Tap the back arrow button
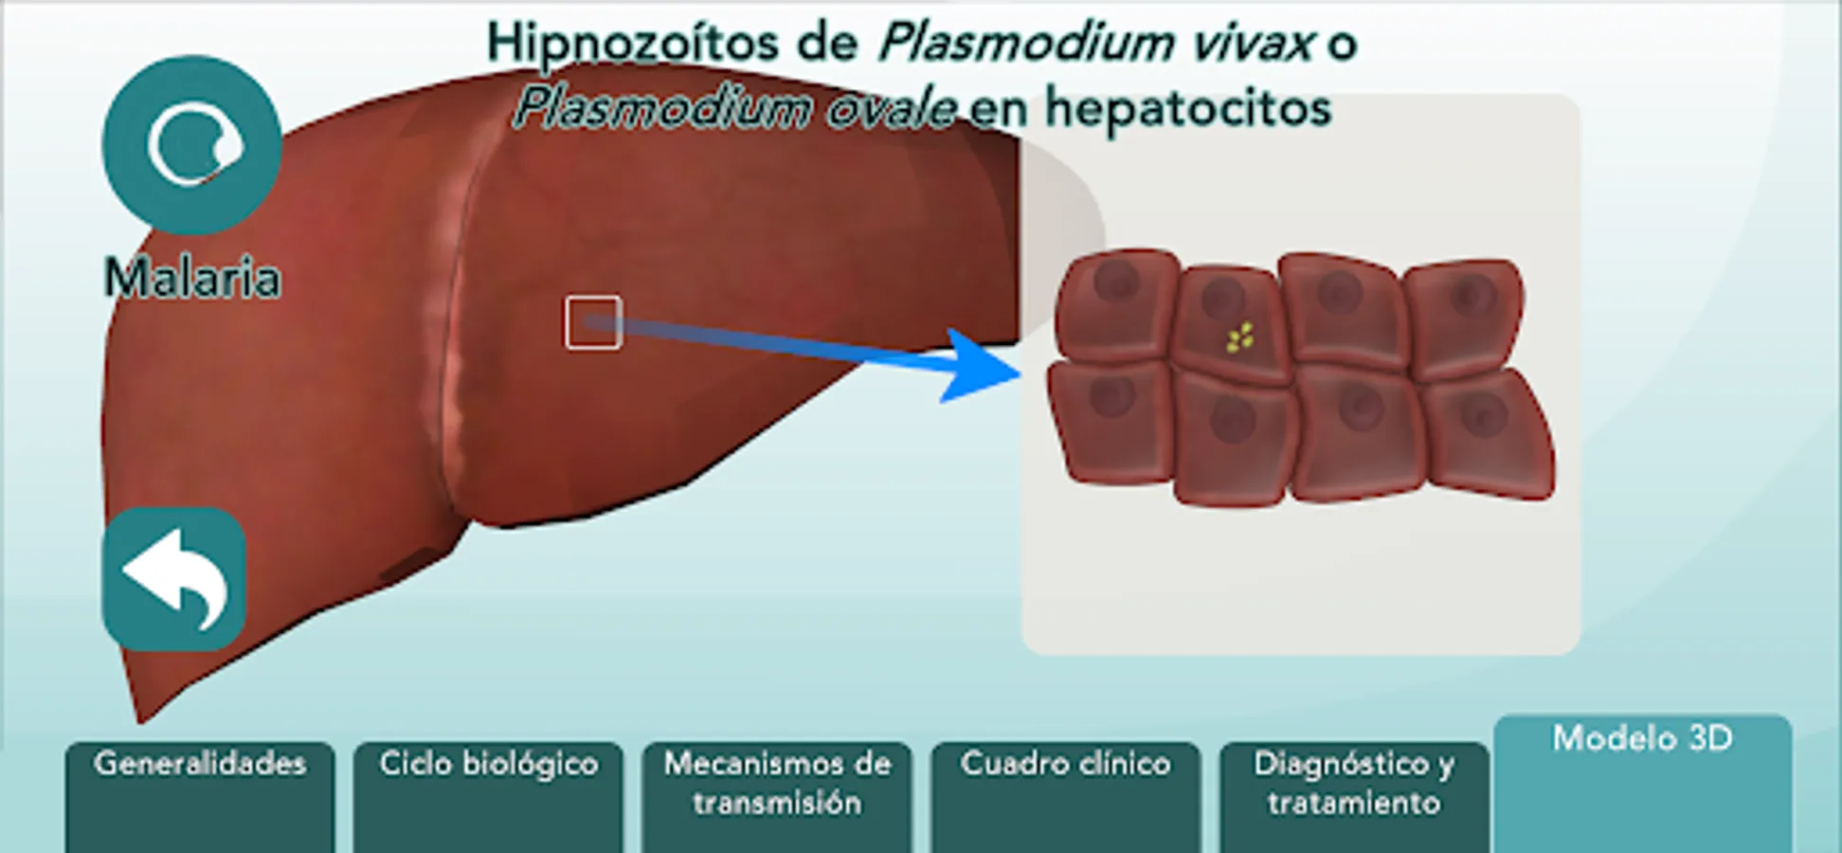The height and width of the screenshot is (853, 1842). click(x=174, y=579)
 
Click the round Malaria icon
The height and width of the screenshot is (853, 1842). click(x=192, y=145)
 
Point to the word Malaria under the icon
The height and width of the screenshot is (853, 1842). click(x=192, y=279)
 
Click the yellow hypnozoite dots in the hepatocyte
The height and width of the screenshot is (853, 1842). click(x=1239, y=337)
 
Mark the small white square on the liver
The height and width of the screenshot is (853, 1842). click(x=593, y=322)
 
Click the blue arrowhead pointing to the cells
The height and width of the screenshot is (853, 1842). click(x=981, y=367)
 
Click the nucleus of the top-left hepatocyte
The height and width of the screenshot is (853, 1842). click(x=1116, y=281)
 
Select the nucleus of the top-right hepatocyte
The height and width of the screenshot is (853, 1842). click(x=1468, y=297)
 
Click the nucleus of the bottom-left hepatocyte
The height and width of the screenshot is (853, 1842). click(x=1111, y=396)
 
